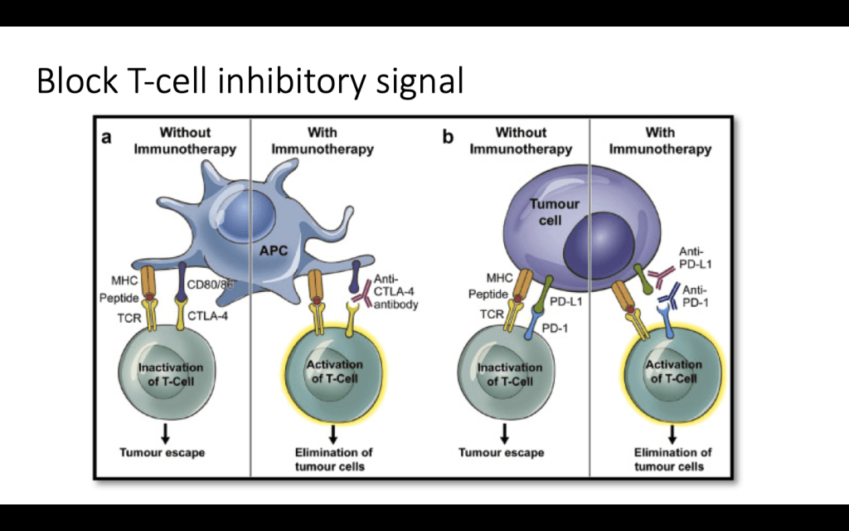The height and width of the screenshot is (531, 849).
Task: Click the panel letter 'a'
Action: point(106,138)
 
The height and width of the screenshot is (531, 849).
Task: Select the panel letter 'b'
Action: point(448,138)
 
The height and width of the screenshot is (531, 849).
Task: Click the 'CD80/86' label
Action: point(211,285)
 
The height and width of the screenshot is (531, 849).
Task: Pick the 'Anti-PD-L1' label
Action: point(695,258)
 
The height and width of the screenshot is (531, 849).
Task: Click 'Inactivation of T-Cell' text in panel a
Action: point(170,374)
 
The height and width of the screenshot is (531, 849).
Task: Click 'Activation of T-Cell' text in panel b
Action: point(672,372)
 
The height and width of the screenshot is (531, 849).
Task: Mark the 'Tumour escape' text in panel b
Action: point(502,453)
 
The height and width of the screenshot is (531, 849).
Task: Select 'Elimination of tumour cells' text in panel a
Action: point(333,459)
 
